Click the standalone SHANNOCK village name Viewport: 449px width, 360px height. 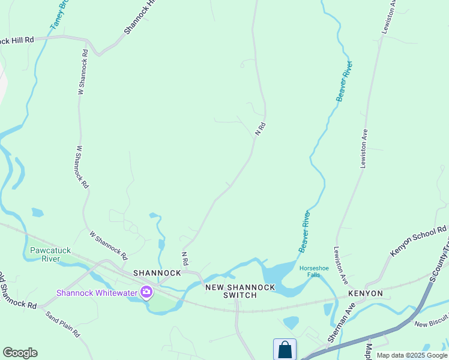[x=157, y=272]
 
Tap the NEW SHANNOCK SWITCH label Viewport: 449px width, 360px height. [x=240, y=291]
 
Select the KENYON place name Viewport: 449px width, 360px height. [x=365, y=293]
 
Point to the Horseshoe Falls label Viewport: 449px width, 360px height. [x=310, y=271]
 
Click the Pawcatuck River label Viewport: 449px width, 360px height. [x=50, y=254]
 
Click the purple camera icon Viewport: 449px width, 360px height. [x=146, y=292]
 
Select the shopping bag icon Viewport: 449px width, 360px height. [x=285, y=349]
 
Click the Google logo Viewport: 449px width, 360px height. [x=20, y=352]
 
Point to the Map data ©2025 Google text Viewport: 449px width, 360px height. [x=412, y=355]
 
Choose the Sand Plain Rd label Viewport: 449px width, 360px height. [x=63, y=324]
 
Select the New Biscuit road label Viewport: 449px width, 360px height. [x=431, y=323]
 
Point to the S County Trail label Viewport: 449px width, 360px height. [x=439, y=264]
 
